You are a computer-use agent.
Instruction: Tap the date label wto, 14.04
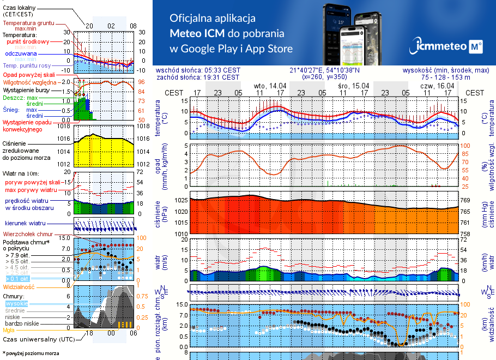[x=270, y=86]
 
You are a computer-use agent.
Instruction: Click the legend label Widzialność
[x=19, y=286]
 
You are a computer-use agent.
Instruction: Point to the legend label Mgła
[x=9, y=330]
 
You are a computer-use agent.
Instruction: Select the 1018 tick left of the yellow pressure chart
[x=64, y=127]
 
